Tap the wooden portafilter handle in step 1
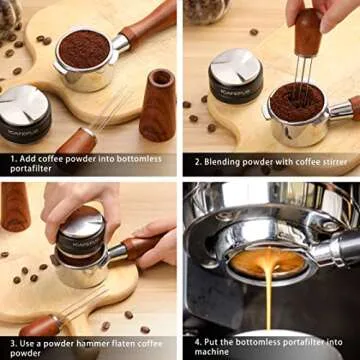[149, 23]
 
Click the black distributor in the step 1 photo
[23, 117]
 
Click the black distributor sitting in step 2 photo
[235, 76]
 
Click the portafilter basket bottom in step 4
[268, 262]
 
